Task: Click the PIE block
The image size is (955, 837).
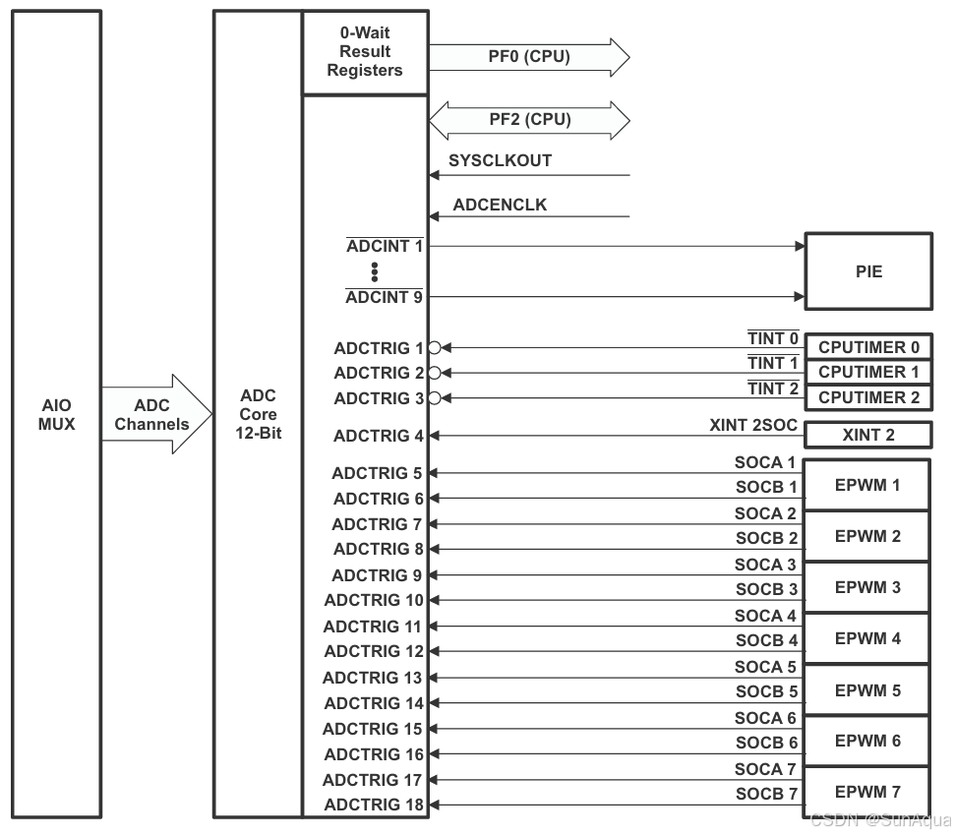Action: click(868, 271)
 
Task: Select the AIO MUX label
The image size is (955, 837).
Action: click(56, 414)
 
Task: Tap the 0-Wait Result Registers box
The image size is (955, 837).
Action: click(365, 52)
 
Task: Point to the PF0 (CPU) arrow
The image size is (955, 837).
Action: click(529, 57)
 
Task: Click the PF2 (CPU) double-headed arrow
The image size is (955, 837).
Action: click(529, 120)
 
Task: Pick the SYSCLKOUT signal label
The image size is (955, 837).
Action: click(500, 160)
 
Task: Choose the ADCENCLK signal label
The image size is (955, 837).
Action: click(500, 206)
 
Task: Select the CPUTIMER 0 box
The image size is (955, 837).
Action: click(868, 346)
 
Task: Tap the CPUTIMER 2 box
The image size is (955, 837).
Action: click(868, 397)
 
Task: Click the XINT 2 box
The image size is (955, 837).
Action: click(868, 435)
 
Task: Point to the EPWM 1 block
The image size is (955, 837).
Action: click(867, 485)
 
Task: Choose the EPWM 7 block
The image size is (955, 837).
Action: click(867, 792)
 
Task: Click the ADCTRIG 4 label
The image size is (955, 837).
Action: click(378, 436)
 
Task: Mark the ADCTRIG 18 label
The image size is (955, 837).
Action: click(374, 806)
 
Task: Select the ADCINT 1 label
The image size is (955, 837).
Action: click(385, 246)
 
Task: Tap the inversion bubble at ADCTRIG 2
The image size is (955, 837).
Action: click(434, 373)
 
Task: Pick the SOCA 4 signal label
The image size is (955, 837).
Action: click(765, 616)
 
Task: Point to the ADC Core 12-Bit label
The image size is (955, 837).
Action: click(258, 414)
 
